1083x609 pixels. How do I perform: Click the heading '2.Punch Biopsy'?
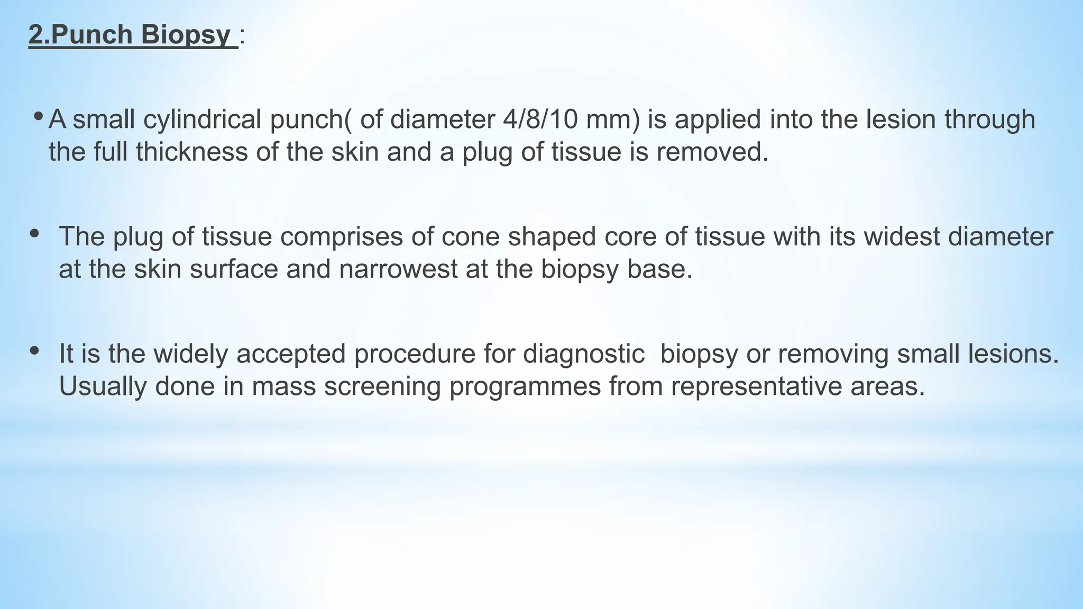click(132, 35)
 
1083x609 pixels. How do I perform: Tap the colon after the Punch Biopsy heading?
click(242, 37)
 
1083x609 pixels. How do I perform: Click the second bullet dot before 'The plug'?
click(35, 233)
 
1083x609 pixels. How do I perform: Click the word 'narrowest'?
click(398, 270)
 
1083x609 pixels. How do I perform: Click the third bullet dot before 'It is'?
click(35, 350)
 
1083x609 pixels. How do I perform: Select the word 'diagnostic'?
click(584, 354)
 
